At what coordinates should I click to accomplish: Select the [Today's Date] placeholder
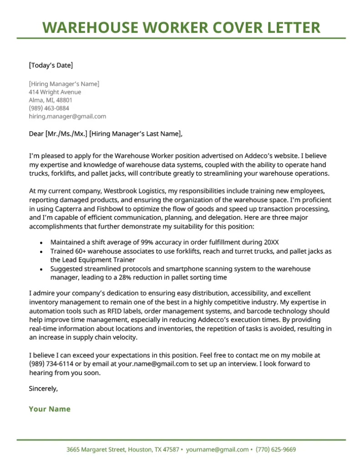(x=51, y=65)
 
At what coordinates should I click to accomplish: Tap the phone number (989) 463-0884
(x=49, y=108)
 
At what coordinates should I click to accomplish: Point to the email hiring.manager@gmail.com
(x=67, y=116)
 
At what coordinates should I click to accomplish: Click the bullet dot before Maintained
(x=41, y=243)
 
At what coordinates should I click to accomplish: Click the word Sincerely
(x=43, y=389)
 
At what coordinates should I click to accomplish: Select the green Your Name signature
(x=50, y=409)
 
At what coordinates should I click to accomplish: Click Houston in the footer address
(x=140, y=450)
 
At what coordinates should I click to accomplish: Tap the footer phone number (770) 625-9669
(x=276, y=450)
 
